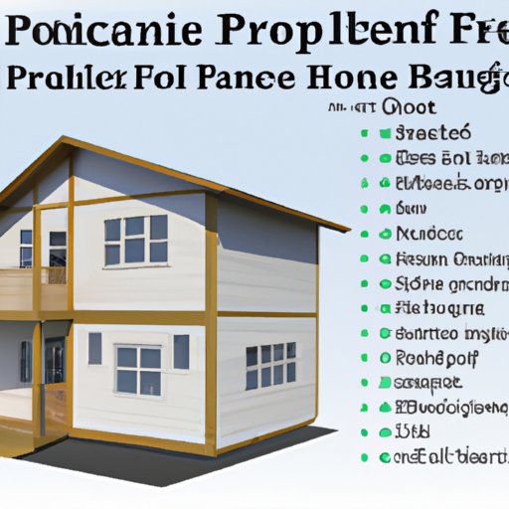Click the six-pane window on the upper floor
135,240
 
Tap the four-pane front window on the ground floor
139,369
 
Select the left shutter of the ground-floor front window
94,348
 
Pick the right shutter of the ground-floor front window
181,351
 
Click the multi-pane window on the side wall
270,366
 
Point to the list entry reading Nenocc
430,234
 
